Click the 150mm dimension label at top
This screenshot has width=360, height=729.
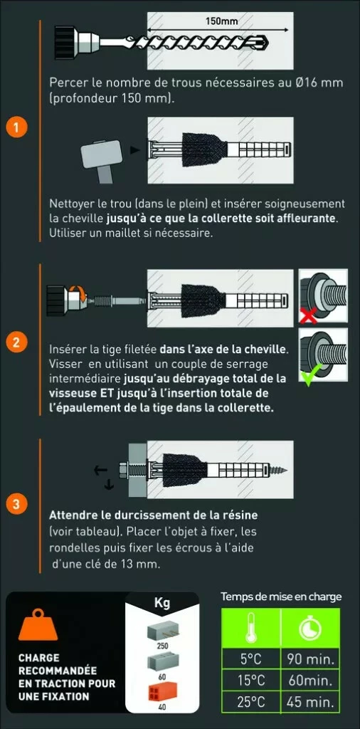(x=221, y=21)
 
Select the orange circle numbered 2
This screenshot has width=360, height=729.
(x=16, y=342)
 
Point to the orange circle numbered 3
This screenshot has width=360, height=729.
(x=16, y=504)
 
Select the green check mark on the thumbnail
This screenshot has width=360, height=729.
(x=308, y=375)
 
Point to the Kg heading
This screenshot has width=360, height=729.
(x=162, y=604)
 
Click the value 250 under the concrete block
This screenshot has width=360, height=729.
(x=162, y=645)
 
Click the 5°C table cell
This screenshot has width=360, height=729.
(x=253, y=659)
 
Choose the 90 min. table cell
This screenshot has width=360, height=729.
(x=310, y=659)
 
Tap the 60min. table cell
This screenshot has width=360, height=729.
(x=310, y=681)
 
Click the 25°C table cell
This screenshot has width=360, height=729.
(x=253, y=701)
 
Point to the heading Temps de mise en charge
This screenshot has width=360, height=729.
(x=281, y=597)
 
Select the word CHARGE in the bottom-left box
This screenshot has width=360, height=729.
(x=38, y=659)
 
